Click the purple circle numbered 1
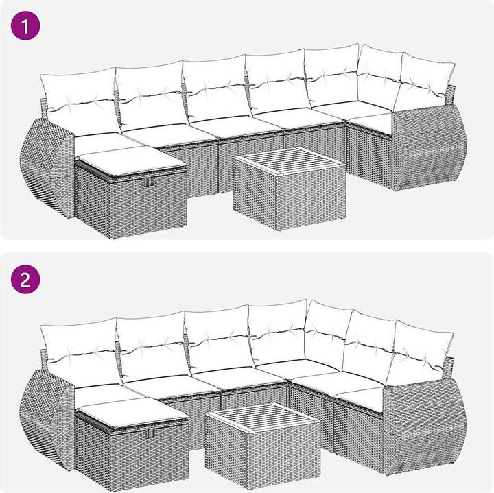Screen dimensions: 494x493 tap(25, 25)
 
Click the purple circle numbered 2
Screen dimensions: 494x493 tap(25, 279)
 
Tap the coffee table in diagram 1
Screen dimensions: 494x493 tap(290, 189)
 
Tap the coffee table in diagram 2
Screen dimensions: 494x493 tap(263, 446)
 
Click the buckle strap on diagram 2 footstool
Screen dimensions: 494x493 tap(150, 434)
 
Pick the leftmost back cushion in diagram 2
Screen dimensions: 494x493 tap(81, 350)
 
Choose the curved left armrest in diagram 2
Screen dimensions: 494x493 tap(47, 419)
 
